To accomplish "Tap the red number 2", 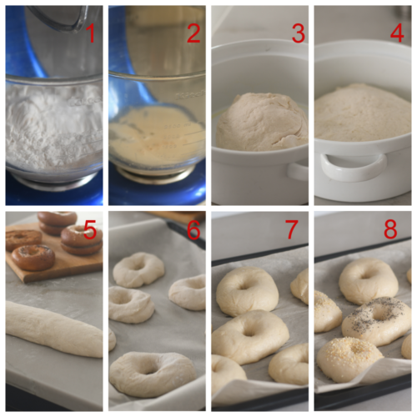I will pyautogui.click(x=193, y=33).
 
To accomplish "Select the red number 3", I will pyautogui.click(x=298, y=33).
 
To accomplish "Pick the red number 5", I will pyautogui.click(x=92, y=230).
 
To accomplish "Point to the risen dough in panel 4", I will pyautogui.click(x=363, y=113).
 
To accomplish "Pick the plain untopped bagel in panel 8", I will pyautogui.click(x=368, y=279).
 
